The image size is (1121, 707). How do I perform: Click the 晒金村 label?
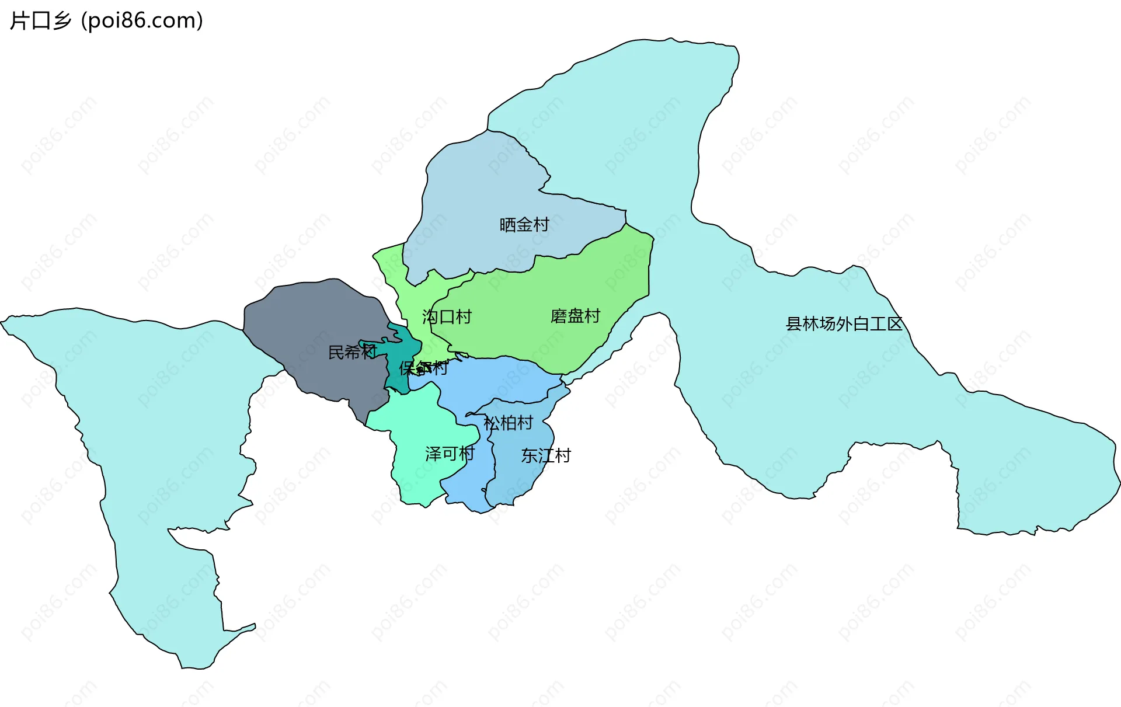(524, 225)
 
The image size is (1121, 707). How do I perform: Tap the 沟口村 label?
(447, 317)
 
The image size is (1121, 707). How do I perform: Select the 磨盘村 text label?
(575, 316)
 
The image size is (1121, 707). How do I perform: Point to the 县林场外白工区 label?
(844, 324)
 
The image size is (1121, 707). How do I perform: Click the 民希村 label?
(352, 352)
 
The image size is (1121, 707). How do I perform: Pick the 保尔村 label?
(423, 368)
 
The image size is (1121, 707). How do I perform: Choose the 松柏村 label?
(508, 423)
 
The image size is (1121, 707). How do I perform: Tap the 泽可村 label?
(450, 454)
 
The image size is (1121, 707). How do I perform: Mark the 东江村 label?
(545, 455)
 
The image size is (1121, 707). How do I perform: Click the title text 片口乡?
(41, 21)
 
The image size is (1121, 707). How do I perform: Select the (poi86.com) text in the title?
(142, 21)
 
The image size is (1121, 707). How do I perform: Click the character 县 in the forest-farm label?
(794, 324)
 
